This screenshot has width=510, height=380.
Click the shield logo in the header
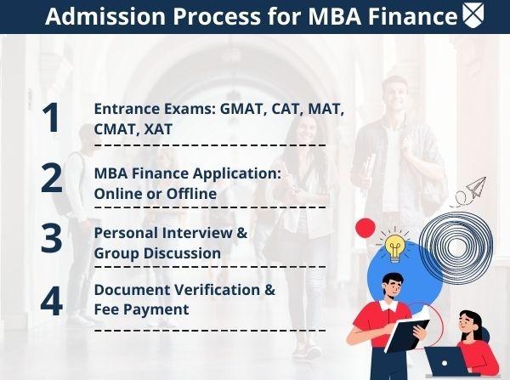tap(473, 15)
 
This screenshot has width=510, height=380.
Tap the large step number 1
tap(51, 117)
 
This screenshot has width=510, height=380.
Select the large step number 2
tap(51, 179)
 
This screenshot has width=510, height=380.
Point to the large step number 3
tap(51, 238)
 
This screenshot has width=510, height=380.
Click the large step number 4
tap(51, 301)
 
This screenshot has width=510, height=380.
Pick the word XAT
tap(158, 129)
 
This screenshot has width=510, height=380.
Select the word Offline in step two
tap(191, 194)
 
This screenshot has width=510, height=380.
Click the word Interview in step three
tap(197, 233)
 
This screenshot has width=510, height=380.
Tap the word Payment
tap(160, 309)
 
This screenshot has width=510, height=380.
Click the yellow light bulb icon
tap(394, 246)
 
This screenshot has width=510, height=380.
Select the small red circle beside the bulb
tap(365, 228)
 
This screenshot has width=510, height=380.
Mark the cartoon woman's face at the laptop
tap(467, 322)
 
